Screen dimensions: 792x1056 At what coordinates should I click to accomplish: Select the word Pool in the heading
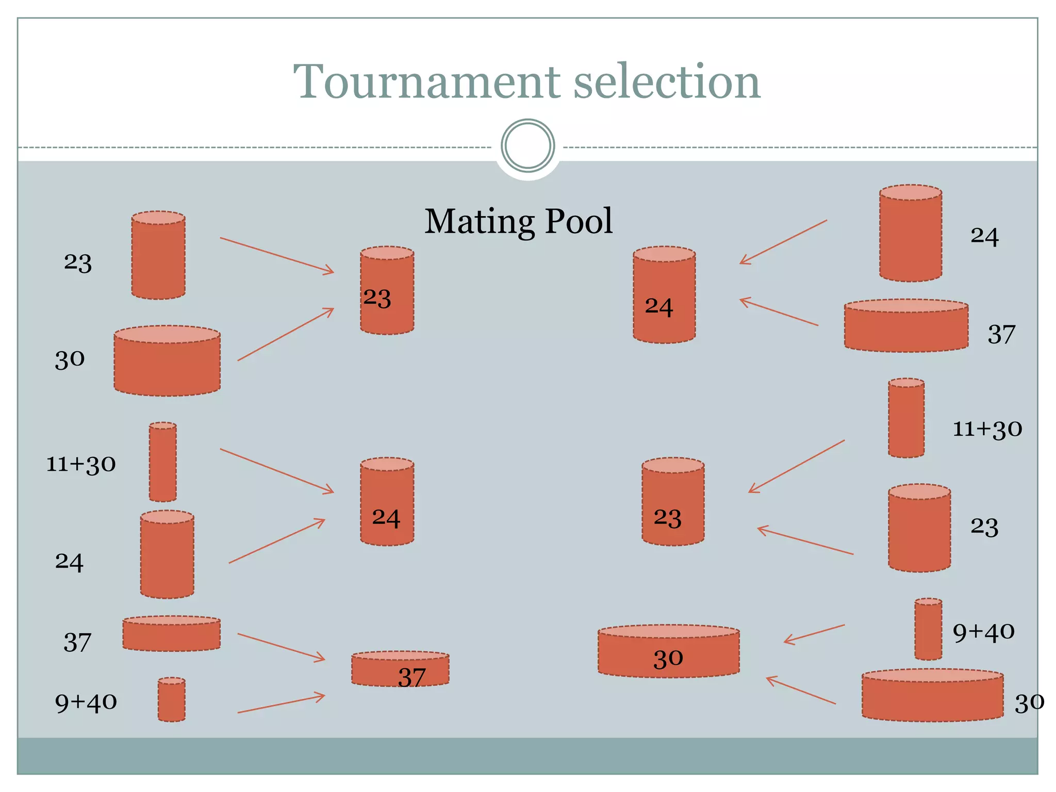click(x=579, y=222)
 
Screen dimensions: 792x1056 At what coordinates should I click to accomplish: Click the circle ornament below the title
click(x=527, y=146)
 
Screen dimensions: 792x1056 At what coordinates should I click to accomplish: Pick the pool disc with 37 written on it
click(x=400, y=669)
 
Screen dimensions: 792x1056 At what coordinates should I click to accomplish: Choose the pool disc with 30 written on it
click(x=668, y=651)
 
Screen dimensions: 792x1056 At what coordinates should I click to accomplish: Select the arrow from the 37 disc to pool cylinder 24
click(x=779, y=312)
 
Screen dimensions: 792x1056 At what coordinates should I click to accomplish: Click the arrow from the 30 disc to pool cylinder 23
click(x=286, y=334)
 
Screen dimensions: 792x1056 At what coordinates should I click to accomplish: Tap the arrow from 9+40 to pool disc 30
click(x=814, y=634)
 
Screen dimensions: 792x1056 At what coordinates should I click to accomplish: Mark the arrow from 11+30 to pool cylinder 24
click(x=277, y=471)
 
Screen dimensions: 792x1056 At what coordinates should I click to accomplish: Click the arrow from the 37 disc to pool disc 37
click(x=281, y=647)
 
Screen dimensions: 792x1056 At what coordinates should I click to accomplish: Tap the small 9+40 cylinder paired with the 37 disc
click(x=171, y=700)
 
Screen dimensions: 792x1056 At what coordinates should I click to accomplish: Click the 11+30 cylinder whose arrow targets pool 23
click(x=906, y=418)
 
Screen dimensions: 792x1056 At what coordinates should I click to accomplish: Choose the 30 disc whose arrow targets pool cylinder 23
click(x=167, y=361)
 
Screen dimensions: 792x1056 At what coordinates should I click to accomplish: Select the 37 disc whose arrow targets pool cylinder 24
click(x=906, y=326)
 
